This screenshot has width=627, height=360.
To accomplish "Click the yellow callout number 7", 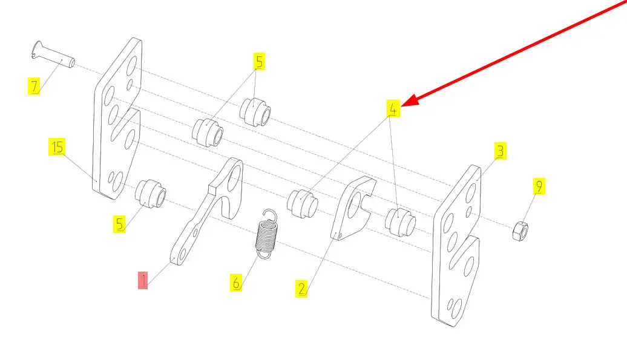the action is [34, 87].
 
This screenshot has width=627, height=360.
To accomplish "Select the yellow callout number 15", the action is [57, 146].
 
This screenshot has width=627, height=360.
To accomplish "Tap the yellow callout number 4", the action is [393, 108].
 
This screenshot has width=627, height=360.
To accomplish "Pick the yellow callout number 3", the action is [500, 151].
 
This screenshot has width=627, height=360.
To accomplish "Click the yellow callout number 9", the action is [539, 186].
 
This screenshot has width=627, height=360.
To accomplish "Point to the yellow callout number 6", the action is [236, 283].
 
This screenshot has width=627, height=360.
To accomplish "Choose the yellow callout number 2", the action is [301, 289].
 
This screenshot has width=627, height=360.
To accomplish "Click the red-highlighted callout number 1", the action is [143, 280].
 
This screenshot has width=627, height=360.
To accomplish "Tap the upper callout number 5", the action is [259, 62].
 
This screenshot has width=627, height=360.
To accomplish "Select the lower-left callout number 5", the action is [119, 224].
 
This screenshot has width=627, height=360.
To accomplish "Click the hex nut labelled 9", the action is [520, 231].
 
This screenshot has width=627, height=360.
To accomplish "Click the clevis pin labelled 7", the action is [53, 54].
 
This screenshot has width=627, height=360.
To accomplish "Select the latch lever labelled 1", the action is [207, 211].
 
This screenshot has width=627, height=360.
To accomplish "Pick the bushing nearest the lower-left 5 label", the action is [151, 194].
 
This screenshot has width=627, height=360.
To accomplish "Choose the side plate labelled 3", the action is [456, 246].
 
